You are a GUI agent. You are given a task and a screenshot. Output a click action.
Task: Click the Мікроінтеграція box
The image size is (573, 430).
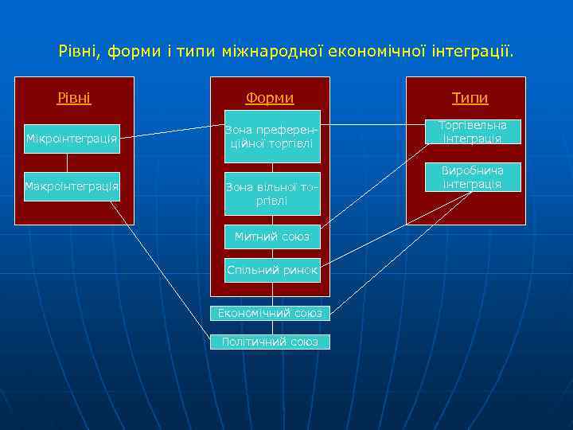tap(72, 139)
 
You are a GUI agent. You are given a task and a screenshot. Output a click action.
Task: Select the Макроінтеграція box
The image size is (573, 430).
tap(72, 186)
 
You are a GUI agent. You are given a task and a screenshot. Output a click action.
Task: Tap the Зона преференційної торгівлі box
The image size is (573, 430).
tap(272, 136)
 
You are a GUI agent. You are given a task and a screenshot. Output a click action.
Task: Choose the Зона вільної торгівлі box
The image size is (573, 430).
tap(272, 193)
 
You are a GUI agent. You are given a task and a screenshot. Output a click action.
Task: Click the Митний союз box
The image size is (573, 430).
tap(272, 236)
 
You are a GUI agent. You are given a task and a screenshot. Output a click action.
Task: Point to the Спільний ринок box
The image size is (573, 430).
tap(272, 271)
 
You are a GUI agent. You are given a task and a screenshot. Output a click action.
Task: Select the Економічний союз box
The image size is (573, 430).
tap(271, 313)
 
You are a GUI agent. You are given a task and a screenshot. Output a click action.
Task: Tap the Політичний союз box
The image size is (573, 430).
tap(271, 342)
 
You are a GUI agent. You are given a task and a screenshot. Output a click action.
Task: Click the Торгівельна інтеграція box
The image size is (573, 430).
tap(473, 131)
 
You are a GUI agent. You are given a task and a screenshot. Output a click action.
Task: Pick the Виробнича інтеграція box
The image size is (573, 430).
tap(473, 177)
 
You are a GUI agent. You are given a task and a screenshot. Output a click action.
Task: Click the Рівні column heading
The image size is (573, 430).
tap(74, 98)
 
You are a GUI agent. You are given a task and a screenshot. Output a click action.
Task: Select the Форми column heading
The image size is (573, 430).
tap(270, 98)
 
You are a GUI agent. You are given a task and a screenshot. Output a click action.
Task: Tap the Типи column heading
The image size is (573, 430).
tap(470, 98)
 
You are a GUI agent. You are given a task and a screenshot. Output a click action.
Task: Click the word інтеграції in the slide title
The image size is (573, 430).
tap(473, 52)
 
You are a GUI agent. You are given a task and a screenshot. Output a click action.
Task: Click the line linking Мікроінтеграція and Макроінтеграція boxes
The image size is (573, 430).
tap(67, 163)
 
